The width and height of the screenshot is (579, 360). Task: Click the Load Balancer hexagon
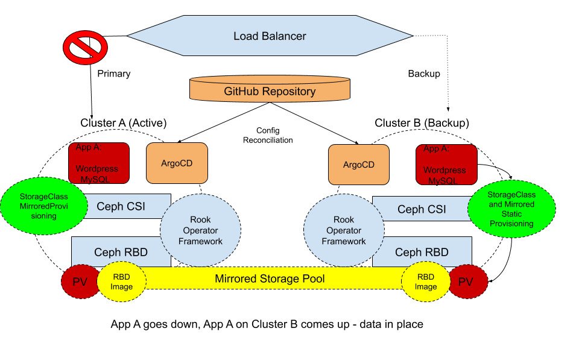coord(270,36)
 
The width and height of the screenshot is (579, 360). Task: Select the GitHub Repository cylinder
coord(270,91)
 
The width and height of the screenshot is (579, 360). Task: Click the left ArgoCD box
coord(177,163)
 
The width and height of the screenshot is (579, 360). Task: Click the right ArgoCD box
coord(359,165)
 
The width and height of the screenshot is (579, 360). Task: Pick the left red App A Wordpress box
coord(99,163)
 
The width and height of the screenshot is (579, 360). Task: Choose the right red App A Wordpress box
coord(446,165)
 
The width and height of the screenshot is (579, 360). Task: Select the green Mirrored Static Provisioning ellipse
coord(511,209)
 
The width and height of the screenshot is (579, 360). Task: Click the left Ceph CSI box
coord(121,206)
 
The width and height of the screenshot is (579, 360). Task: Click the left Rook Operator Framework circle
coord(200,230)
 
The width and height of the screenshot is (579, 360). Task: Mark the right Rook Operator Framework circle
coord(344,230)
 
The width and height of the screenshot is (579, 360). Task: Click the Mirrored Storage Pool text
coord(270,279)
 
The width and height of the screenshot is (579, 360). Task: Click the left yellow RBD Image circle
coord(121,282)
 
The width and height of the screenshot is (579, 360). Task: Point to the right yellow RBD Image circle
coord(426,282)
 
